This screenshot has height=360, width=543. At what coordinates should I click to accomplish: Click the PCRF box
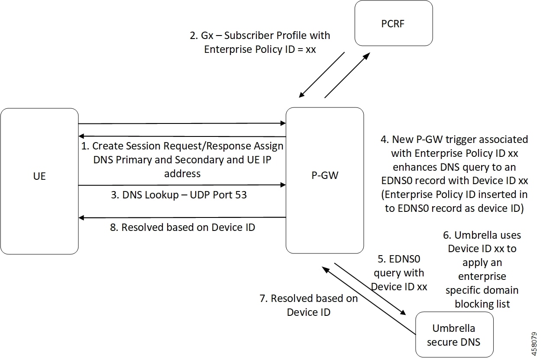click(394, 23)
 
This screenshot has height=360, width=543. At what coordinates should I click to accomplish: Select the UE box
click(39, 181)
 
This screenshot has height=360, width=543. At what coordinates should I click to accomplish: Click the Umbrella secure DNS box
click(454, 335)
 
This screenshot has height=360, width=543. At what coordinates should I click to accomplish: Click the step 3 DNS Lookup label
click(179, 195)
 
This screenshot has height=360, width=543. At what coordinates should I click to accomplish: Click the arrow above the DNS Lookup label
click(182, 185)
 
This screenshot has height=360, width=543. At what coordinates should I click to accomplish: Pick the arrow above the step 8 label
click(182, 217)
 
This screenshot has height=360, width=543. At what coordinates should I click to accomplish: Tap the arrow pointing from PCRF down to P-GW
click(321, 75)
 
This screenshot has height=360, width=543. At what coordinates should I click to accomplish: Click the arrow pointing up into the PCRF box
click(347, 75)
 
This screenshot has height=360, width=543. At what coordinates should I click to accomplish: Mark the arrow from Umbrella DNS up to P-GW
click(368, 301)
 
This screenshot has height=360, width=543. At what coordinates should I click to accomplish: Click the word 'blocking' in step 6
click(482, 304)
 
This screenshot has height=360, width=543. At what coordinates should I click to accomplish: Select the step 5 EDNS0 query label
click(399, 273)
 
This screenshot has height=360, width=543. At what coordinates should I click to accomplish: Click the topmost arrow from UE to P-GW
click(182, 123)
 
